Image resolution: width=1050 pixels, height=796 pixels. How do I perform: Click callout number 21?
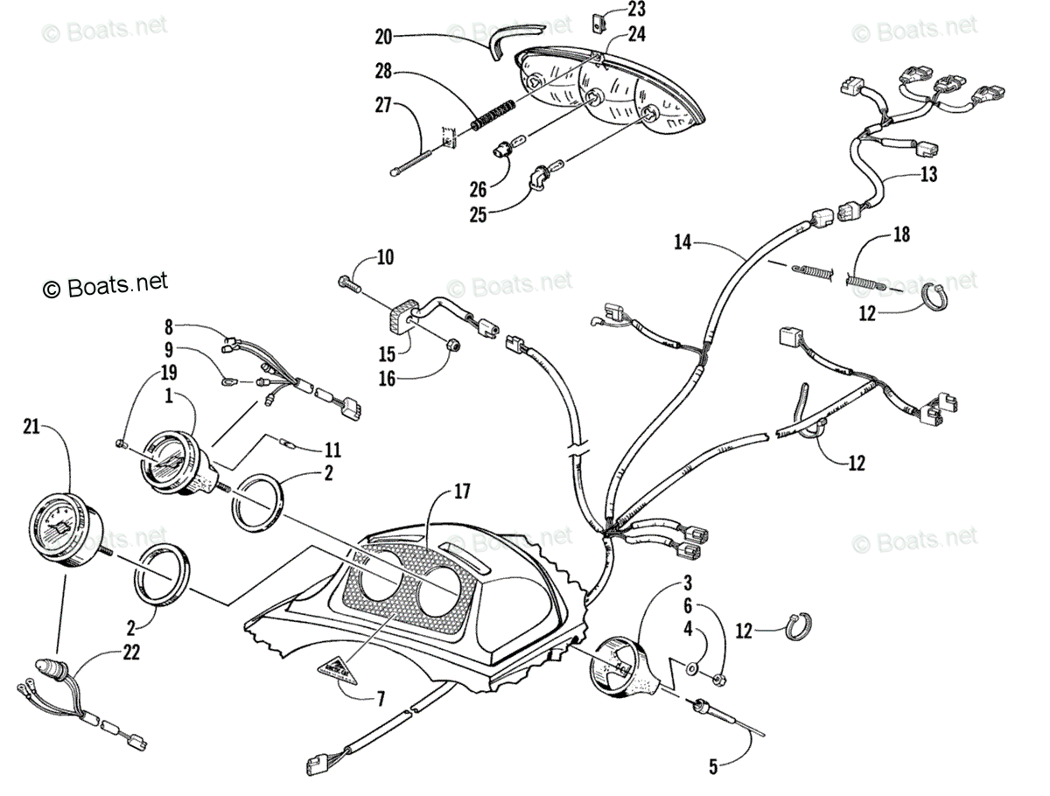[32, 426]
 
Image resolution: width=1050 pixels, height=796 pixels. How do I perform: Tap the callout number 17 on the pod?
[460, 492]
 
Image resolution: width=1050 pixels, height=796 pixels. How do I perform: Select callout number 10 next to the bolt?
[385, 257]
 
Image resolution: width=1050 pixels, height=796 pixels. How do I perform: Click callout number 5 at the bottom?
[713, 768]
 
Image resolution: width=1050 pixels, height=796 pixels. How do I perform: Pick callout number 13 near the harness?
[928, 175]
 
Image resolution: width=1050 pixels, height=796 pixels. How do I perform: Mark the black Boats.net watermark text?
[106, 283]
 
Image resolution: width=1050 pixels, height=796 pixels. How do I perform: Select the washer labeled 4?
[693, 669]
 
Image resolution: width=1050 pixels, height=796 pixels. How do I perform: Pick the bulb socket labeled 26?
[506, 150]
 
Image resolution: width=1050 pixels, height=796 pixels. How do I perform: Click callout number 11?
[332, 451]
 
